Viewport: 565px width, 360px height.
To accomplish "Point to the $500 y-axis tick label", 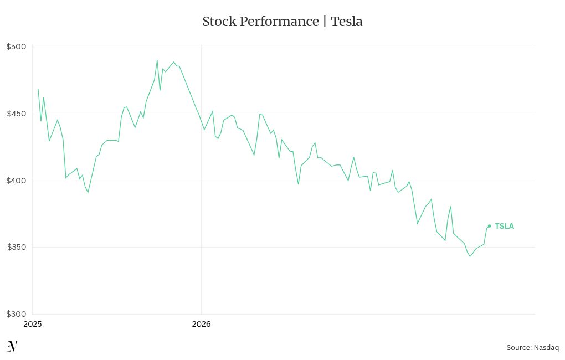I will coord(16,47).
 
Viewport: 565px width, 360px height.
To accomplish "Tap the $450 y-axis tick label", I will coord(16,114).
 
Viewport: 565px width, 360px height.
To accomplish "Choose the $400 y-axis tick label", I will coord(16,181).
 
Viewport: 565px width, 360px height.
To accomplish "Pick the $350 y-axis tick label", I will coord(16,247).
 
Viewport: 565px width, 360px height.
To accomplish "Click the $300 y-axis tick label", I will coord(16,314).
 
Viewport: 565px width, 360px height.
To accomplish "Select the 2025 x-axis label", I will coord(33,324).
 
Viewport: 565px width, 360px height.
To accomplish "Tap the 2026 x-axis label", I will coord(201,324).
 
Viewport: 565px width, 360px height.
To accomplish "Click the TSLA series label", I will coord(504,226).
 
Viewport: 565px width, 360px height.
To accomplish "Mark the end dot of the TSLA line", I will coord(489,226).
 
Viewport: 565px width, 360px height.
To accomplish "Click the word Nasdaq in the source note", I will coord(546,348).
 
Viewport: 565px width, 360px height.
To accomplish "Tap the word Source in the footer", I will coord(518,348).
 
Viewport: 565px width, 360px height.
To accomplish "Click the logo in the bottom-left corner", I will coord(12,347).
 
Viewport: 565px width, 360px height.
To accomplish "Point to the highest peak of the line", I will coord(157,61).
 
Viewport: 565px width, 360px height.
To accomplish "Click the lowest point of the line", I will coord(470,256).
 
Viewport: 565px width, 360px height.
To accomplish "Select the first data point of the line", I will coord(38,89).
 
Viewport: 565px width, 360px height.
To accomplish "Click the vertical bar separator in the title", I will coord(325,22).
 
